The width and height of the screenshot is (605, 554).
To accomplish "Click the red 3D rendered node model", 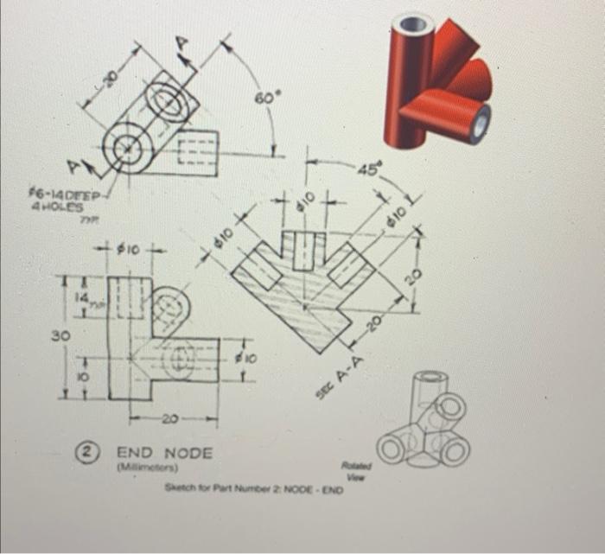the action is pos(437,76).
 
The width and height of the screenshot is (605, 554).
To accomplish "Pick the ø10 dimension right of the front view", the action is pos(244,355).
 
